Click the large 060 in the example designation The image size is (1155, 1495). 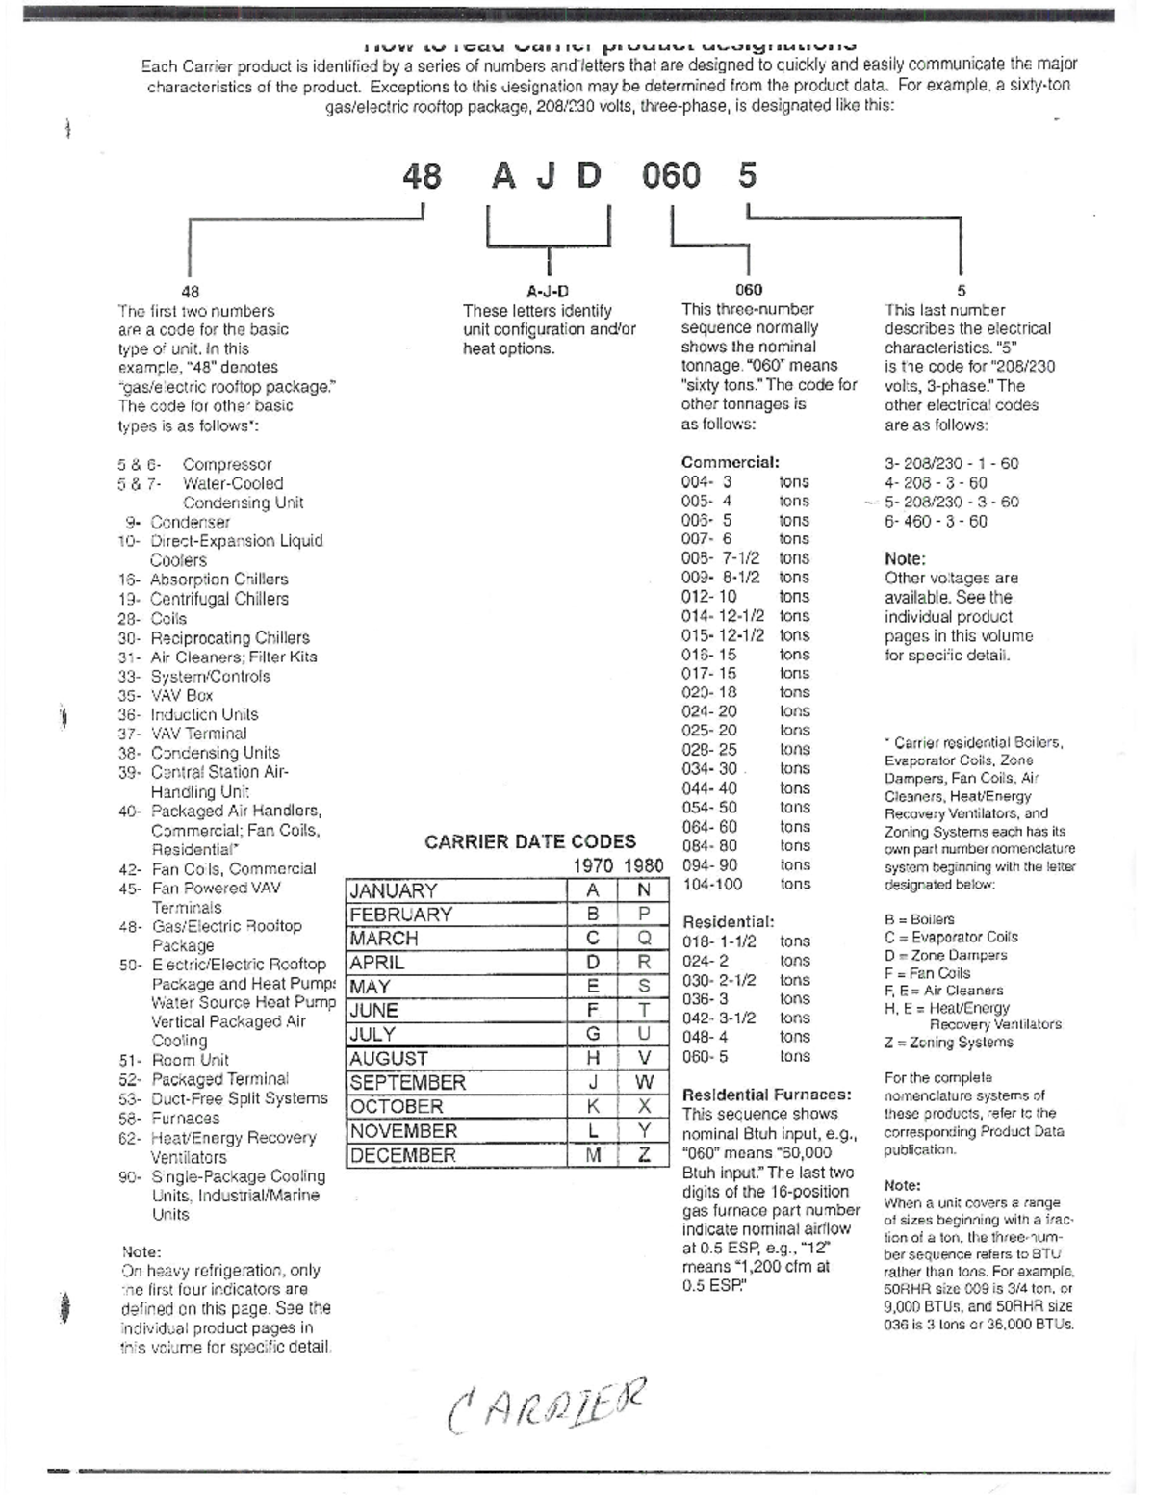pos(671,176)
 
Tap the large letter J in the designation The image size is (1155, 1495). pos(545,176)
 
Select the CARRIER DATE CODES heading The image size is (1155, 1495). pos(530,842)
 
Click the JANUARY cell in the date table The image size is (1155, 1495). pos(394,890)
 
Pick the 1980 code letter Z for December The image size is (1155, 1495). pos(644,1155)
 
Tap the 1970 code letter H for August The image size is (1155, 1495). pos(593,1058)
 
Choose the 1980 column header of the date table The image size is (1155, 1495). pos(643,866)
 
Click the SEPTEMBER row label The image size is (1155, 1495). pos(408,1082)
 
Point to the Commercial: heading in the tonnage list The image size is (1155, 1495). pos(730,462)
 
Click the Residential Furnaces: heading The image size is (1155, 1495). pos(766,1095)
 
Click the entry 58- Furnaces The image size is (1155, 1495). pos(169,1119)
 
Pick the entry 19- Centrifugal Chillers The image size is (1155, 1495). pos(204,599)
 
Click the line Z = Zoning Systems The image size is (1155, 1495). pos(948,1043)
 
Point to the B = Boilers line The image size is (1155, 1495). pos(919,919)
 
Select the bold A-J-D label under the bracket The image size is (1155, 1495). pos(548,291)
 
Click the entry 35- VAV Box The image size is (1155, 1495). pos(166,695)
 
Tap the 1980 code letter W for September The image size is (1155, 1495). pos(644,1082)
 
